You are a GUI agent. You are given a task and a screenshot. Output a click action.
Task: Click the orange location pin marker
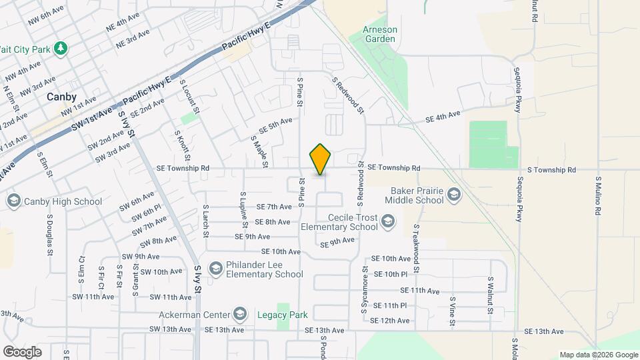pyautogui.click(x=321, y=159)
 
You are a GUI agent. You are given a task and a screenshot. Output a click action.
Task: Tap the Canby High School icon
pyautogui.click(x=13, y=201)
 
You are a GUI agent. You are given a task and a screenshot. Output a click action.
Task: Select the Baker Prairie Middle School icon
pyautogui.click(x=454, y=195)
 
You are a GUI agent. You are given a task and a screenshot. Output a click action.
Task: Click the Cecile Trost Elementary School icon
pyautogui.click(x=389, y=222)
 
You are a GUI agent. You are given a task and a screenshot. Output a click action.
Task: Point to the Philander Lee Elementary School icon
pyautogui.click(x=215, y=269)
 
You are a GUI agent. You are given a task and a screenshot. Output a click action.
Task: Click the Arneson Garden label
pyautogui.click(x=379, y=34)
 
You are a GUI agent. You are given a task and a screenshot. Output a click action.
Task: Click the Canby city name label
pyautogui.click(x=61, y=97)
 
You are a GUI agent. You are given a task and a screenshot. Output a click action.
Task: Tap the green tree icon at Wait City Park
pyautogui.click(x=61, y=48)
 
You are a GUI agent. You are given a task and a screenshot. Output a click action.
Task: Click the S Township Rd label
pyautogui.click(x=550, y=170)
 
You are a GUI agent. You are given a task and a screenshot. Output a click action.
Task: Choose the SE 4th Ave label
pyautogui.click(x=443, y=116)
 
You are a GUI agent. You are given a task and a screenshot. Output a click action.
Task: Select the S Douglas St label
pyautogui.click(x=50, y=235)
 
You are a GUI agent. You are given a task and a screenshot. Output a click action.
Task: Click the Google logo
pyautogui.click(x=22, y=351)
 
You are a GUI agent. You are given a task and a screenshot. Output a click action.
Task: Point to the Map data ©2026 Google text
pyautogui.click(x=598, y=355)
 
